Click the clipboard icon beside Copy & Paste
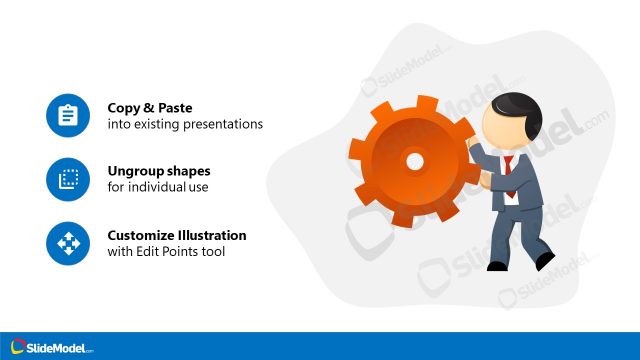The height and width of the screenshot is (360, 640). click(68, 116)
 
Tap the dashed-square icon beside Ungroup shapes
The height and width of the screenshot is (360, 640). click(68, 179)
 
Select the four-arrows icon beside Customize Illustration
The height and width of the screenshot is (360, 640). click(68, 243)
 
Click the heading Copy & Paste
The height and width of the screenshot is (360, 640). click(149, 108)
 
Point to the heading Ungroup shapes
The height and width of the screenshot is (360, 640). click(158, 171)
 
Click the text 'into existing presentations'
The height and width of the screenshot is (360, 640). click(184, 125)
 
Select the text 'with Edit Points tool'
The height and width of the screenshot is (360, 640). click(166, 252)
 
